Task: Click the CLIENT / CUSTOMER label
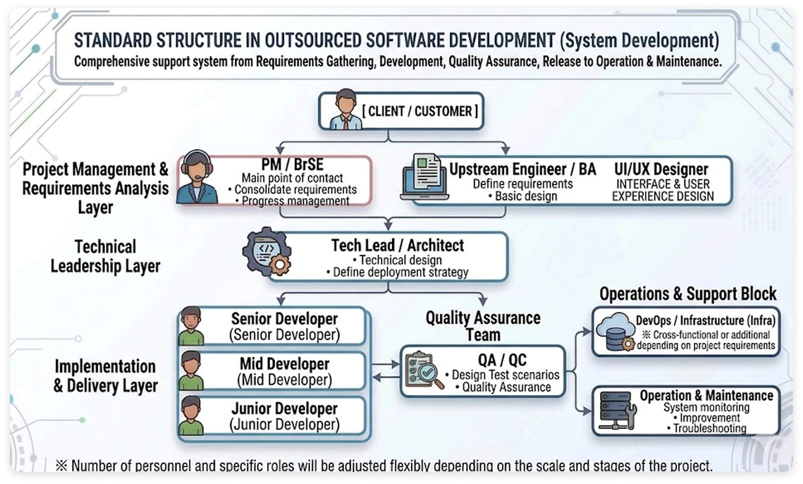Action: [420, 112]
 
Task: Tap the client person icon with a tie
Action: [345, 109]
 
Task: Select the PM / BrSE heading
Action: [292, 165]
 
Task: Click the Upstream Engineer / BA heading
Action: [522, 169]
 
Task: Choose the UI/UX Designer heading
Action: [661, 169]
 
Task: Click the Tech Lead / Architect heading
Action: [397, 246]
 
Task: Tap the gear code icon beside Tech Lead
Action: [267, 251]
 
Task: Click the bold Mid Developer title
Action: [284, 364]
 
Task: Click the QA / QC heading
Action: [502, 360]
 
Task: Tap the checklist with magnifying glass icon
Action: [424, 370]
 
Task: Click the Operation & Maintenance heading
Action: [706, 395]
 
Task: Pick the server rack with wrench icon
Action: [618, 411]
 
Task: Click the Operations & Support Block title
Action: [688, 294]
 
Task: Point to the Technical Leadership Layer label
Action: [105, 256]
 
